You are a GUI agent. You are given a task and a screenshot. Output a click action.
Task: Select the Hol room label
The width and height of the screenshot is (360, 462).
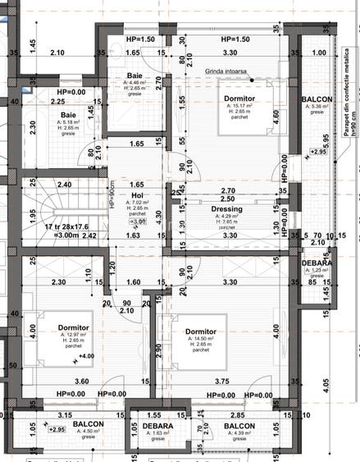[139, 196]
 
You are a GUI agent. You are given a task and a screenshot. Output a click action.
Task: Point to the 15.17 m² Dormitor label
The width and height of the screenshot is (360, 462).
[241, 98]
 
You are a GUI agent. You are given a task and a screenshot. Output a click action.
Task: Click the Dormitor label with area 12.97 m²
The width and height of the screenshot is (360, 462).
[74, 327]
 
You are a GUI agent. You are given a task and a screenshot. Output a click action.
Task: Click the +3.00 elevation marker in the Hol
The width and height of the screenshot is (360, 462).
[138, 222]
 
